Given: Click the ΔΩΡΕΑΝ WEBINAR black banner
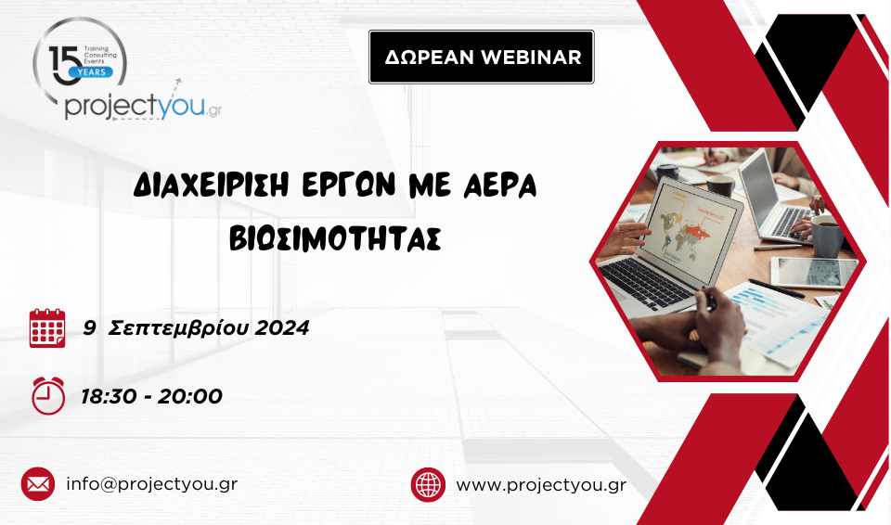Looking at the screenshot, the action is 482,57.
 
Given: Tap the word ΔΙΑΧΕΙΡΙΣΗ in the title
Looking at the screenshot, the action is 212,186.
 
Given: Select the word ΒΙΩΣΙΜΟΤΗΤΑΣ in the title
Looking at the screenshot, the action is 335,238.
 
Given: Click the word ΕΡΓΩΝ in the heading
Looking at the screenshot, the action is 348,186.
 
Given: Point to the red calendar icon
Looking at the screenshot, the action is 47,327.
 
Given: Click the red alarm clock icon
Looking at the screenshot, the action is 47,395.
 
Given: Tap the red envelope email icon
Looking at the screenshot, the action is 38,484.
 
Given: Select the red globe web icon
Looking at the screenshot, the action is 428,485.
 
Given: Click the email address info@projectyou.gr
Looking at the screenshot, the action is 151,484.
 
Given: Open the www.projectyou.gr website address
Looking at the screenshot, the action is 541,485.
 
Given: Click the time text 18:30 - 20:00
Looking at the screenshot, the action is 151,396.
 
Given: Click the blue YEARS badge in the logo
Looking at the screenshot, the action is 91,72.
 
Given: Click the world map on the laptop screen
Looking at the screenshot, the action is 682,232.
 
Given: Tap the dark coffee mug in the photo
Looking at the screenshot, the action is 827,236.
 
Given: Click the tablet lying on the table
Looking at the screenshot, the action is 814,272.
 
